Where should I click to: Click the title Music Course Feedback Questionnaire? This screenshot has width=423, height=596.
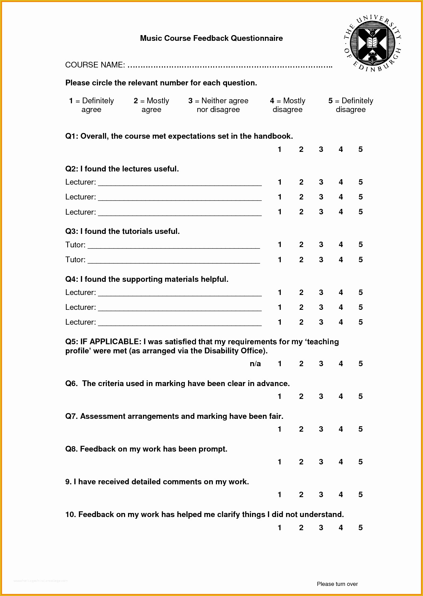pyautogui.click(x=211, y=38)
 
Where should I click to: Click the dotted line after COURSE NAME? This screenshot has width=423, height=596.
pyautogui.click(x=230, y=65)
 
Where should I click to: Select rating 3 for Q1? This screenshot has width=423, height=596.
pyautogui.click(x=321, y=150)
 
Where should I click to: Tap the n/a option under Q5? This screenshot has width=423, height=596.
pyautogui.click(x=255, y=364)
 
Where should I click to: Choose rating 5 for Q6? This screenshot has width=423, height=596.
pyautogui.click(x=360, y=397)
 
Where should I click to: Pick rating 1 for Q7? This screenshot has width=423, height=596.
pyautogui.click(x=279, y=429)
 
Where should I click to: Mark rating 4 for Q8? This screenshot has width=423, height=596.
pyautogui.click(x=341, y=462)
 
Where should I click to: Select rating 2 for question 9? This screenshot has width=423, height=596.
pyautogui.click(x=301, y=495)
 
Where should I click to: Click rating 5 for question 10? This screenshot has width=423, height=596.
pyautogui.click(x=360, y=527)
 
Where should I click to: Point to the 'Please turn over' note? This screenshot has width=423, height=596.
pyautogui.click(x=337, y=584)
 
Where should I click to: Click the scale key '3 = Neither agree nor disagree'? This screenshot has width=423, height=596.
pyautogui.click(x=218, y=105)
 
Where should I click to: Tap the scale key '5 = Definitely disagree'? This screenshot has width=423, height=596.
pyautogui.click(x=351, y=105)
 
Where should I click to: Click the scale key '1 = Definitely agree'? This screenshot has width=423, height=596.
pyautogui.click(x=91, y=105)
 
